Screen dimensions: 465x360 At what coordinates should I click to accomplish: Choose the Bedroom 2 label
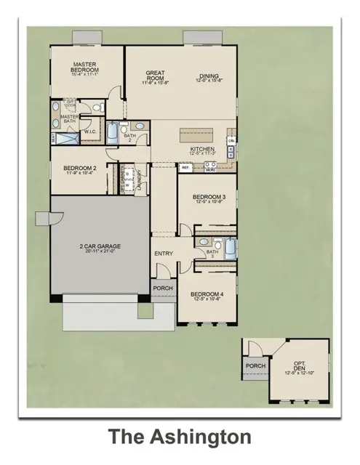(x=76, y=169)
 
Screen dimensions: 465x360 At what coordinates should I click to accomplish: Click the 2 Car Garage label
(x=100, y=248)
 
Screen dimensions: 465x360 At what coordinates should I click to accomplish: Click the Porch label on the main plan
(x=161, y=289)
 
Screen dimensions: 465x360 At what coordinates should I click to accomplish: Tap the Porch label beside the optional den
(x=255, y=365)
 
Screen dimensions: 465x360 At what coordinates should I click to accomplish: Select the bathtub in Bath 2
(x=113, y=132)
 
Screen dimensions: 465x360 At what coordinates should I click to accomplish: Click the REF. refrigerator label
(x=185, y=166)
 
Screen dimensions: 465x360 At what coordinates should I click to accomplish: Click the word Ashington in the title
(x=201, y=437)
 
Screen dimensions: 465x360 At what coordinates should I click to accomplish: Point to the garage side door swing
(x=43, y=219)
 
